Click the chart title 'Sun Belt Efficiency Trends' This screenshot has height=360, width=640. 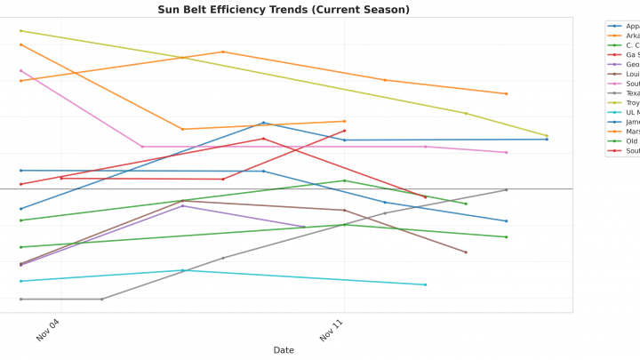[x=284, y=10]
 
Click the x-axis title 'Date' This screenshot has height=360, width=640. [x=284, y=350]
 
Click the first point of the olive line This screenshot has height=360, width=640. [x=20, y=31]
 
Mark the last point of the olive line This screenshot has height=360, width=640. [x=547, y=136]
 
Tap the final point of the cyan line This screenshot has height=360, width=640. [x=425, y=284]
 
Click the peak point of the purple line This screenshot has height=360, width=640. [x=183, y=205]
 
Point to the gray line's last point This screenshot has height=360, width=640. [x=507, y=189]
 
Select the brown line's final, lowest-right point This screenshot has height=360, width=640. [x=466, y=252]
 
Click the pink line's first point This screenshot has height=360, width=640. [x=20, y=71]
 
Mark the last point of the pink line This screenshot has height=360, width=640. [x=507, y=152]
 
